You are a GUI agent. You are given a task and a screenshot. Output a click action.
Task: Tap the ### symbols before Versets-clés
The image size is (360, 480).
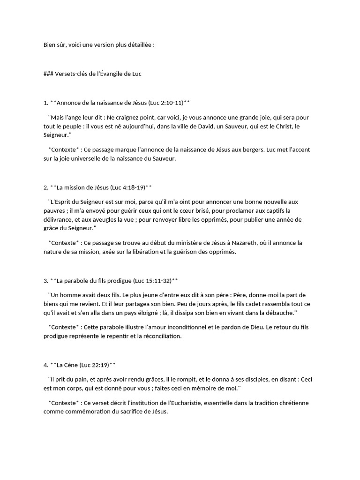(x=48, y=74)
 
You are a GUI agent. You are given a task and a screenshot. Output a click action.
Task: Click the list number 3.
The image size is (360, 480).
(x=45, y=281)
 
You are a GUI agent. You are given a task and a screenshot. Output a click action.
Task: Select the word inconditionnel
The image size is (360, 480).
(x=192, y=327)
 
